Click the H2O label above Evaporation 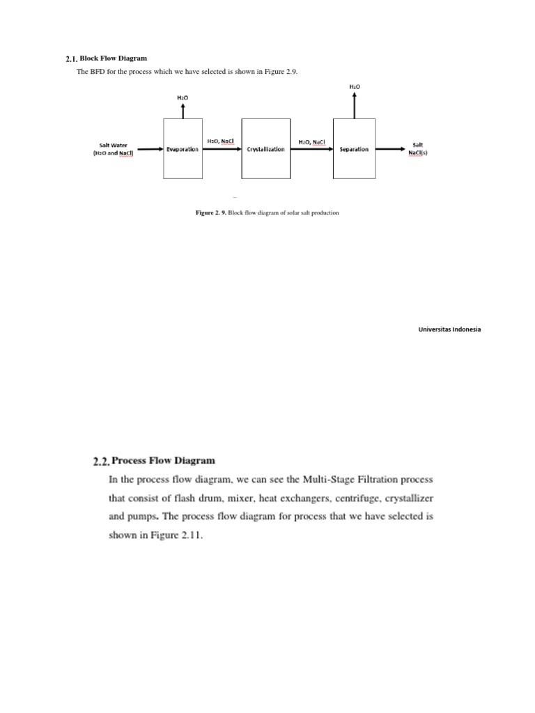pyautogui.click(x=183, y=98)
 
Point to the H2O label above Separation pyautogui.click(x=354, y=86)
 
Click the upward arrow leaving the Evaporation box pyautogui.click(x=183, y=110)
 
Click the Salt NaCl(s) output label pyautogui.click(x=418, y=149)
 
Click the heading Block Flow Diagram pyautogui.click(x=114, y=58)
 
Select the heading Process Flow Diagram pyautogui.click(x=164, y=460)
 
